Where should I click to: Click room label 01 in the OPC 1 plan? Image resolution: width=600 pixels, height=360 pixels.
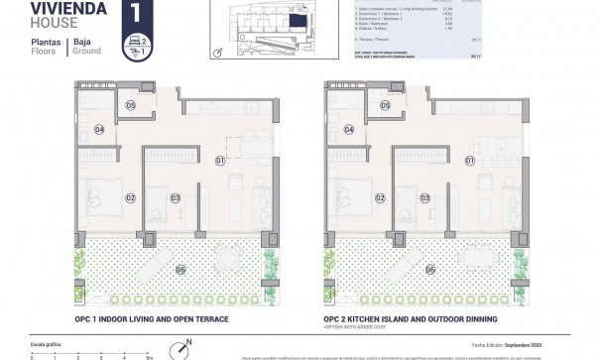[x=221, y=160]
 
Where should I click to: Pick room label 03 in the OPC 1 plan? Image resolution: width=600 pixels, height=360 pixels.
[x=176, y=198]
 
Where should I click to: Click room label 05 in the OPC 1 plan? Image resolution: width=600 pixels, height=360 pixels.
[x=132, y=105]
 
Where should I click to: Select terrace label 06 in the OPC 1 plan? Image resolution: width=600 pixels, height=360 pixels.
[x=180, y=269]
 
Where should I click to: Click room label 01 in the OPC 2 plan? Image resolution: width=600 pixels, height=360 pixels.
[x=471, y=160]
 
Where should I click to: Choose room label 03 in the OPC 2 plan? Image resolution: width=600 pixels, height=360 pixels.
[x=425, y=198]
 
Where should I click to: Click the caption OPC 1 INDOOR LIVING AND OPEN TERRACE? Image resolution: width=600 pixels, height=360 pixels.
[x=152, y=319]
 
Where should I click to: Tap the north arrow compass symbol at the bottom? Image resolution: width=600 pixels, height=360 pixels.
[x=180, y=348]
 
